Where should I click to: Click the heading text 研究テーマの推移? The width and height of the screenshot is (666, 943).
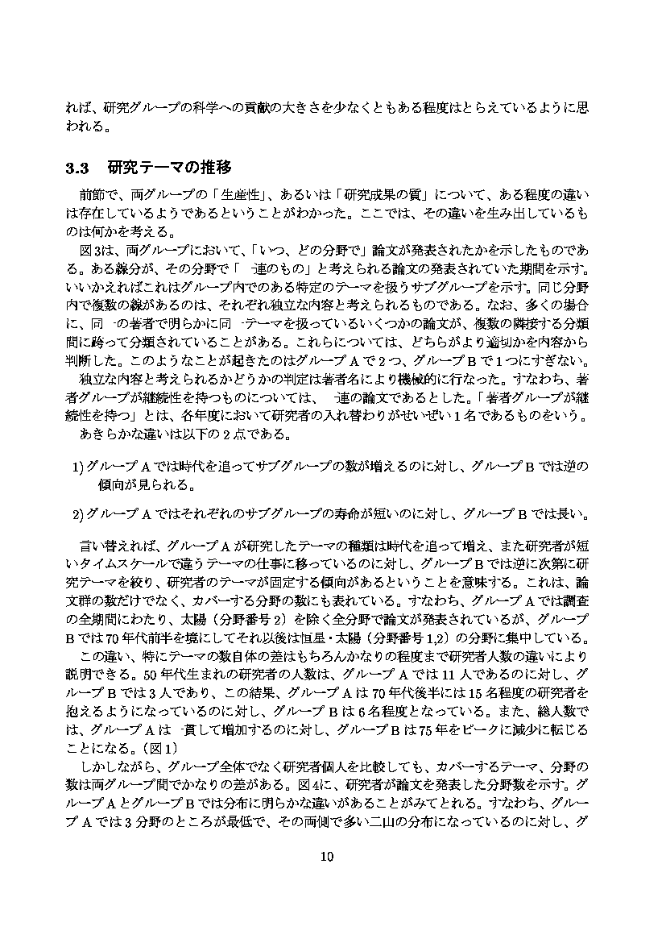169,168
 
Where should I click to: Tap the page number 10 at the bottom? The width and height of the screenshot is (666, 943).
326,856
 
